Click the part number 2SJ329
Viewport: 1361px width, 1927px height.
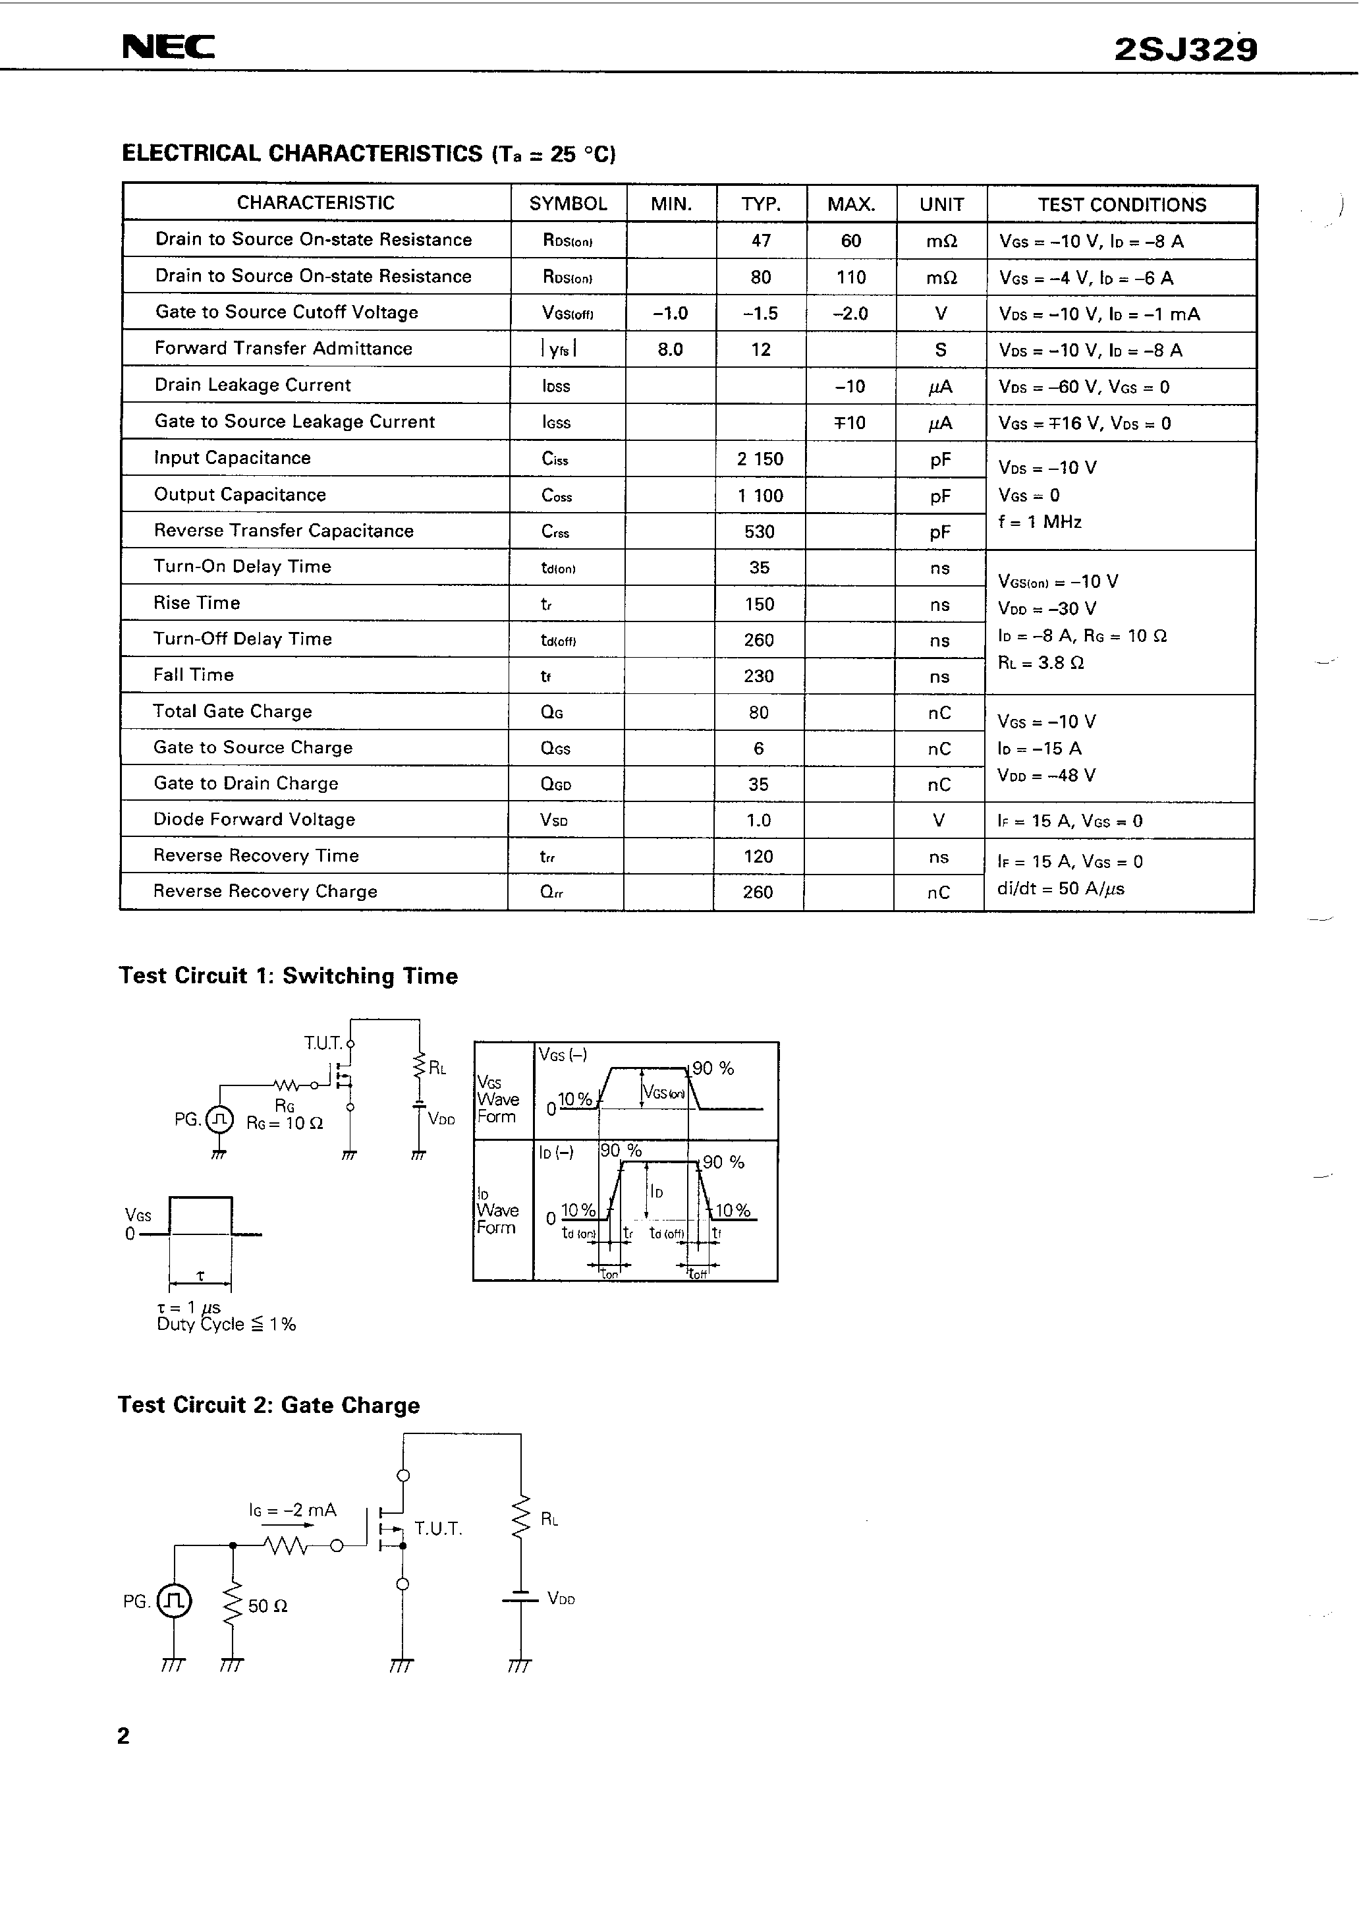click(1185, 50)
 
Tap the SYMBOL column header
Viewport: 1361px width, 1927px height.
click(568, 204)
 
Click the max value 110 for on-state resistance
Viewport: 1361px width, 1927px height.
click(851, 277)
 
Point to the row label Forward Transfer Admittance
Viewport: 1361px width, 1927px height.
click(284, 349)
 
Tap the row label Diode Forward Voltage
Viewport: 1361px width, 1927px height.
click(254, 819)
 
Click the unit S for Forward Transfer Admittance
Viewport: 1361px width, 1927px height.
click(941, 350)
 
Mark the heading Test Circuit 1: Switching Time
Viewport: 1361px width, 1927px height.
click(288, 975)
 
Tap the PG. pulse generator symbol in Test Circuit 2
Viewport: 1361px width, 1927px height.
click(175, 1601)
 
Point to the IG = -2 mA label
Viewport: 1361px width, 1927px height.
click(292, 1510)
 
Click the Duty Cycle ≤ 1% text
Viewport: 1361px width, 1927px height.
click(227, 1325)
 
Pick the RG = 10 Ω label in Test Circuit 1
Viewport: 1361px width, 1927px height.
click(285, 1123)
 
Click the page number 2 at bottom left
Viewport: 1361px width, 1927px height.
click(123, 1736)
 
